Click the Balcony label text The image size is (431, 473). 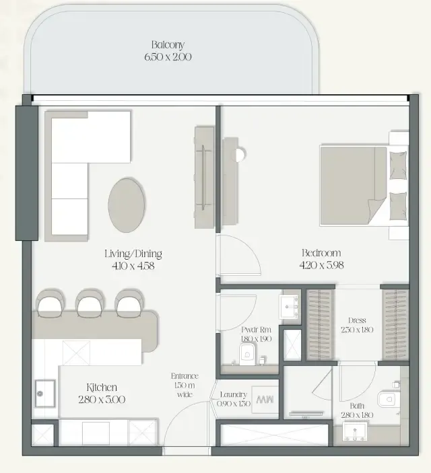[168, 44]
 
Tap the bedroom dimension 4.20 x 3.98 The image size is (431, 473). [321, 265]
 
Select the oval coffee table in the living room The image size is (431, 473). [127, 205]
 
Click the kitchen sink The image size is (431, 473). [45, 394]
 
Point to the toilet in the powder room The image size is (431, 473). [247, 354]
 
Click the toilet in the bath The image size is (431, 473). [389, 399]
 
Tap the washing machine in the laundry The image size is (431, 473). [265, 400]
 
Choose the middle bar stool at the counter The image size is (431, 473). [90, 303]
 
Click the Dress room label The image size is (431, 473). [357, 320]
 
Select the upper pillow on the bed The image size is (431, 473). [398, 166]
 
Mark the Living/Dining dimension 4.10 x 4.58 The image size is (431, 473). [133, 266]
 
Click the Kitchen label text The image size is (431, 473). [102, 388]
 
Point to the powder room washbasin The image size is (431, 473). [290, 307]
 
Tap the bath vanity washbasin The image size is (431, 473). [355, 431]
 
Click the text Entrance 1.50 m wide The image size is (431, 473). [185, 386]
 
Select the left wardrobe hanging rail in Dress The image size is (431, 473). [320, 324]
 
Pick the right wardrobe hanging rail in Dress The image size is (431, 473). [395, 324]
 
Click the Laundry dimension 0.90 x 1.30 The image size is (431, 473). [234, 404]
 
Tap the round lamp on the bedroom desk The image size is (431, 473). [240, 155]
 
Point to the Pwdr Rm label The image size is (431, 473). [256, 330]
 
